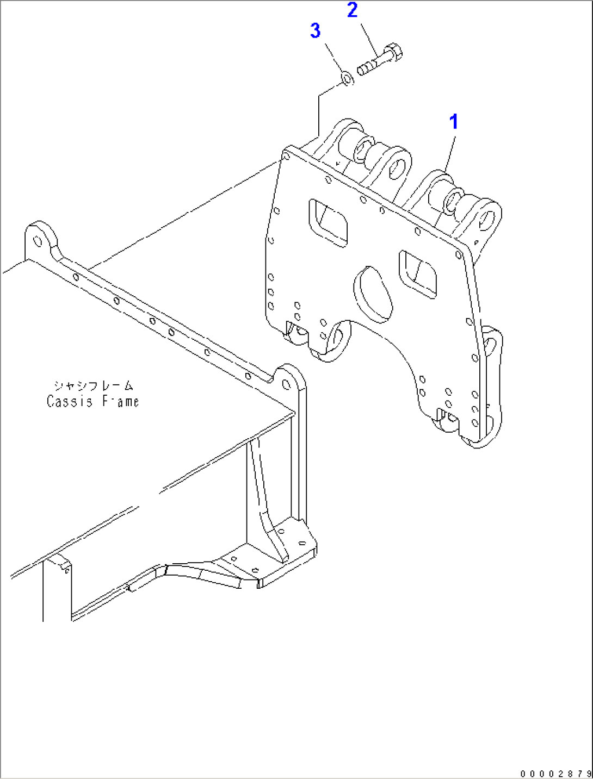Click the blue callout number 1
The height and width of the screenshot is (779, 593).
[x=453, y=122]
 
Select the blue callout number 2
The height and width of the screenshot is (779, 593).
[x=353, y=10]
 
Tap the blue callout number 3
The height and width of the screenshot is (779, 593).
[x=316, y=30]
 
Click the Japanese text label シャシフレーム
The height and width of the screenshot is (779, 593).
[x=93, y=386]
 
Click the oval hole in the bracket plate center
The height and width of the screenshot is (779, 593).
[x=373, y=291]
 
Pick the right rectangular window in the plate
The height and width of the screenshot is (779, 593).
[x=417, y=273]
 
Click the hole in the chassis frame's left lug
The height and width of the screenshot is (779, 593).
[x=37, y=241]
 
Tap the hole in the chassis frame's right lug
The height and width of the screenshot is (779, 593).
[x=286, y=383]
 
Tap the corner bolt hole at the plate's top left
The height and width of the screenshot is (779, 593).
[x=286, y=157]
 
